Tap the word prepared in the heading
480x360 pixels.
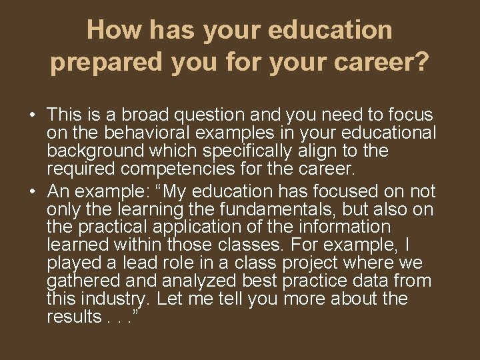pyautogui.click(x=107, y=62)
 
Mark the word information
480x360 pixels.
pyautogui.click(x=339, y=227)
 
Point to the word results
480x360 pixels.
pyautogui.click(x=73, y=317)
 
